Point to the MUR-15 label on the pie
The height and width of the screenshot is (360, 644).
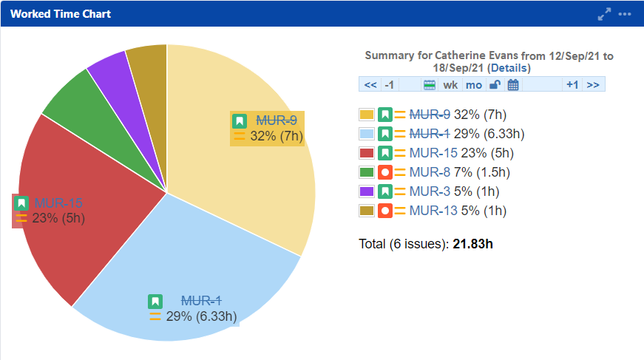click(58, 203)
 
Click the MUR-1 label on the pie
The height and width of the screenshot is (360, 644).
click(201, 301)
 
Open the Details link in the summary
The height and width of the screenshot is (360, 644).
click(509, 68)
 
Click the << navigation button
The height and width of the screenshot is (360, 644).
click(370, 84)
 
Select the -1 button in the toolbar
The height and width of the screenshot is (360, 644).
click(390, 84)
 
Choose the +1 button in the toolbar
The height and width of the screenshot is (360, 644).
click(572, 84)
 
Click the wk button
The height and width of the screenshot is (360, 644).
click(450, 84)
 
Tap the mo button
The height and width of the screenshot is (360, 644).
click(474, 84)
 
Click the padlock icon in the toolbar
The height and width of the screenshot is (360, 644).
click(495, 84)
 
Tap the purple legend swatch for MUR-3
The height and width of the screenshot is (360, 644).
click(366, 191)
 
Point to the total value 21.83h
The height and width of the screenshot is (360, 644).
click(472, 244)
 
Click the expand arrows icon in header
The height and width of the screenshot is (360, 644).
click(605, 14)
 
